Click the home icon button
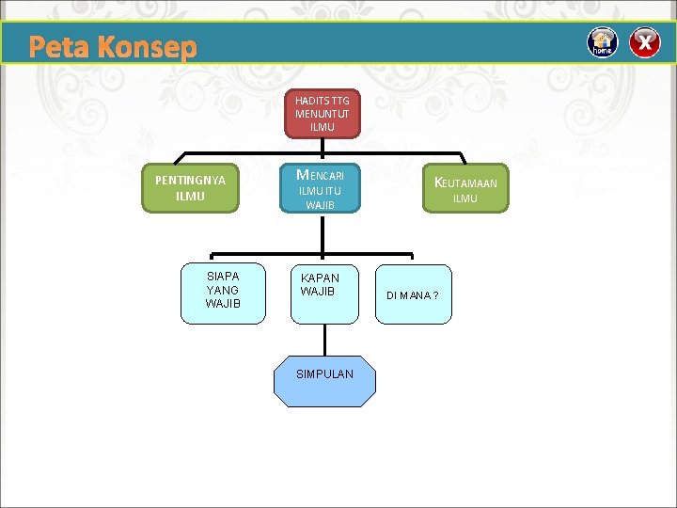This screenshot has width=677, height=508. tap(603, 42)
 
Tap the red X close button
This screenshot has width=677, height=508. tap(645, 42)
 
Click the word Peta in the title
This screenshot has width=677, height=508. tap(60, 47)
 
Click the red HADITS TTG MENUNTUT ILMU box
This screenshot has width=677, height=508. tap(322, 113)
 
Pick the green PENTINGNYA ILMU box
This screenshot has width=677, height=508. tap(190, 187)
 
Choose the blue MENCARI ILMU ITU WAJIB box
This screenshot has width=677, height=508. tap(322, 188)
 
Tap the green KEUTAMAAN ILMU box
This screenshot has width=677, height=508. tap(465, 188)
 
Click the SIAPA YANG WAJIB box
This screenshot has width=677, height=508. tap(223, 290)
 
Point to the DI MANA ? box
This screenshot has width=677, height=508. tap(413, 295)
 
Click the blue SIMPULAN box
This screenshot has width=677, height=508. tap(324, 374)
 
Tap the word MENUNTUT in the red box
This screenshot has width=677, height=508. tap(322, 114)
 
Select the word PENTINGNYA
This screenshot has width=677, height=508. tap(190, 180)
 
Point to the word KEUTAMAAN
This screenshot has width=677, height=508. tap(466, 183)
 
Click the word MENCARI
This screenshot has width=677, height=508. tap(321, 175)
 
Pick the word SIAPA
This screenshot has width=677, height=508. tap(223, 276)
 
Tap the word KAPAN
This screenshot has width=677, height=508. tap(320, 278)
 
